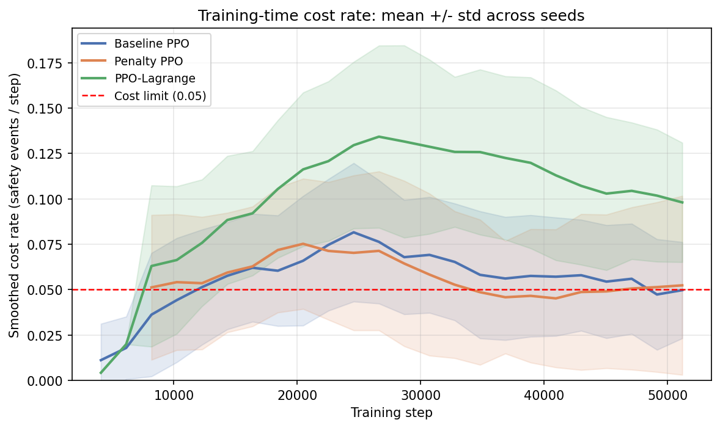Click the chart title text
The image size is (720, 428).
coord(391,16)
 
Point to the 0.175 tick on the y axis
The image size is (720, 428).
coord(52,63)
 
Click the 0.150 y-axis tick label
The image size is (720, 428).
coord(52,109)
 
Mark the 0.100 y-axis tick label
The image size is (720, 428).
coord(52,199)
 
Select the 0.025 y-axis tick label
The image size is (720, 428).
coord(52,335)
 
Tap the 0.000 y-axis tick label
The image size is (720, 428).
coord(52,380)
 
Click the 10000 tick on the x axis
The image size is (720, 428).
coord(173,394)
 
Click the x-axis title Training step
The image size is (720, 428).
coord(391,413)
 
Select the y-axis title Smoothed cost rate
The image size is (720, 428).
coord(15,205)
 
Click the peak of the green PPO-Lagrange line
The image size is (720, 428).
coord(379,137)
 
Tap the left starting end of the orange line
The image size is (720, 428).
coord(151,288)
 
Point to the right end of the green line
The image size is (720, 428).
coord(682,203)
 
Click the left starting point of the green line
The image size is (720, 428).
coord(101,372)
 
